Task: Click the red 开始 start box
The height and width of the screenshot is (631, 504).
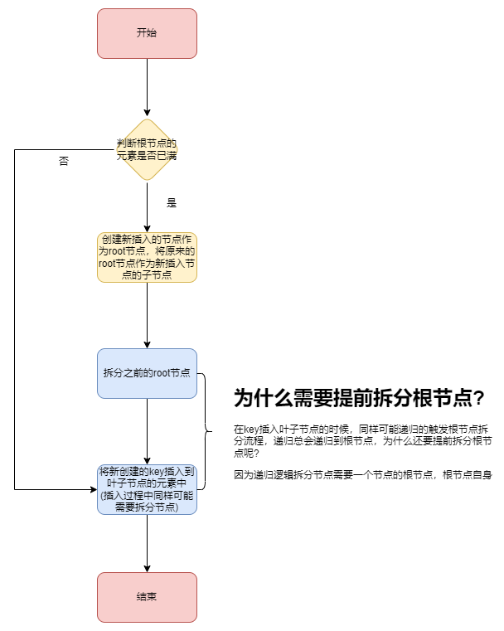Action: [147, 33]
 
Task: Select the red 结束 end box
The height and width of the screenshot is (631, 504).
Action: [147, 597]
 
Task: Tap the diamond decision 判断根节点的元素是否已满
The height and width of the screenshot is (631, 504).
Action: [147, 149]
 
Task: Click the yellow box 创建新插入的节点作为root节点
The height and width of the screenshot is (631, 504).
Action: [147, 257]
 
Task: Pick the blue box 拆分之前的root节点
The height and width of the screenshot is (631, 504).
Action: [147, 373]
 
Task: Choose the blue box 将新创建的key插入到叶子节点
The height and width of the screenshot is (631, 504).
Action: [147, 489]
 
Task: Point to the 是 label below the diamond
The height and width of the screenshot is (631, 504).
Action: [172, 203]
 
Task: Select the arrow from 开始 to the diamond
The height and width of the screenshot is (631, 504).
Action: [147, 87]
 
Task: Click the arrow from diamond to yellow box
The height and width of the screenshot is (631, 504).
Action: [147, 207]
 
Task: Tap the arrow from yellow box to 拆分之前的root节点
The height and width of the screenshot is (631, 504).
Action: [147, 315]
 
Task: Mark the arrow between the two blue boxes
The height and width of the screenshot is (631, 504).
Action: [147, 431]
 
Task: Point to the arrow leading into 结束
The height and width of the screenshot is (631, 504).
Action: [147, 543]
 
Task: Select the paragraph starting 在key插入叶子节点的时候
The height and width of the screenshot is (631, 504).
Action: [363, 441]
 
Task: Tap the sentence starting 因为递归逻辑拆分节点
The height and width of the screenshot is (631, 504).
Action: [363, 475]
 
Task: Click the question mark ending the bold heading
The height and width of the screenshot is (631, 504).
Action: [478, 399]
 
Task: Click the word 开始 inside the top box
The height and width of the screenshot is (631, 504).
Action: [147, 33]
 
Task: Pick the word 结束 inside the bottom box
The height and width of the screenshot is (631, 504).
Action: [147, 597]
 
